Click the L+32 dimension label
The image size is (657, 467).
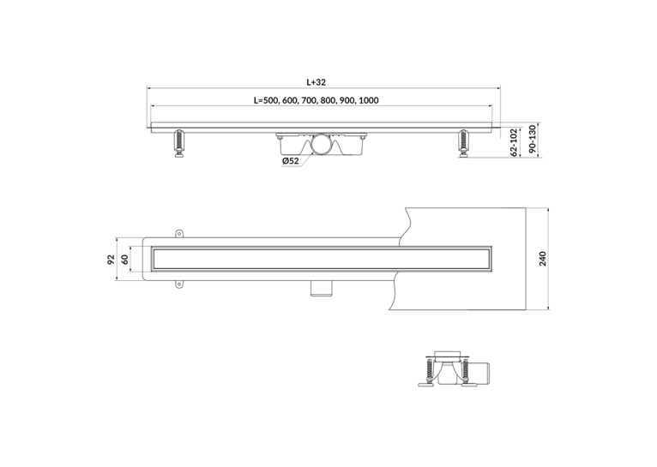pyautogui.click(x=316, y=82)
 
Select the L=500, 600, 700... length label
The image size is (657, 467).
pyautogui.click(x=316, y=100)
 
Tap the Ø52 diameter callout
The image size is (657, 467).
pyautogui.click(x=291, y=161)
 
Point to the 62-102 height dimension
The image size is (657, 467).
pyautogui.click(x=514, y=142)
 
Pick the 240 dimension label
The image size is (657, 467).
pyautogui.click(x=543, y=259)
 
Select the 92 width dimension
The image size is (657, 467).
pyautogui.click(x=111, y=260)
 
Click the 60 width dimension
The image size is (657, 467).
pyautogui.click(x=124, y=260)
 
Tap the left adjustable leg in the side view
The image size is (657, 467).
pyautogui.click(x=180, y=144)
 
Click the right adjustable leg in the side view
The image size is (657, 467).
pyautogui.click(x=463, y=144)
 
